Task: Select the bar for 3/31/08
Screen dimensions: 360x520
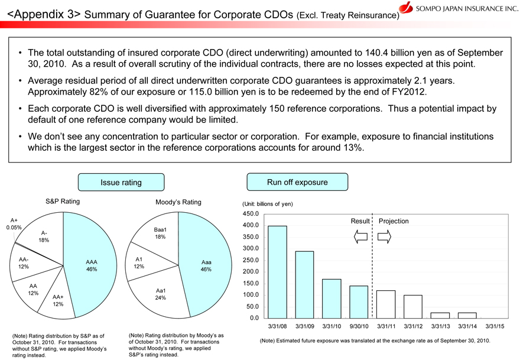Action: click(x=277, y=272)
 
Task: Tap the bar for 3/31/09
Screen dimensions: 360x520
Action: click(x=304, y=284)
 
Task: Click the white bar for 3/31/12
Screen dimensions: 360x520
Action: click(x=413, y=306)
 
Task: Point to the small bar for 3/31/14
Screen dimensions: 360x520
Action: click(x=467, y=315)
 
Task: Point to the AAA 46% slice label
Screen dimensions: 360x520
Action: click(x=91, y=265)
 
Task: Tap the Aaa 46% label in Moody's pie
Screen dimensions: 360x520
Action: click(x=206, y=266)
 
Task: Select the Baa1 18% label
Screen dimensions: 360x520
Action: click(x=160, y=233)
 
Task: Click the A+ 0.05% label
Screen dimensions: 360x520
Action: click(x=13, y=223)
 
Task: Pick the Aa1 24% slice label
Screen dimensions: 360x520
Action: click(x=160, y=294)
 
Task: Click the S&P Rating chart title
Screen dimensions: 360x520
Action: click(x=63, y=202)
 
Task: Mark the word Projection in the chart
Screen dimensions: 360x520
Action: click(x=394, y=221)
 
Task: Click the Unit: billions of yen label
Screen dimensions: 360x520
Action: click(x=268, y=204)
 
